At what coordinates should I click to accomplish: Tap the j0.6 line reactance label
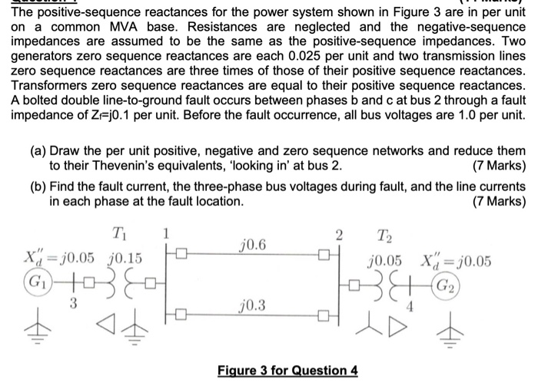click(x=252, y=244)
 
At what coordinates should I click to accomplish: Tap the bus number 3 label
click(x=75, y=302)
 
